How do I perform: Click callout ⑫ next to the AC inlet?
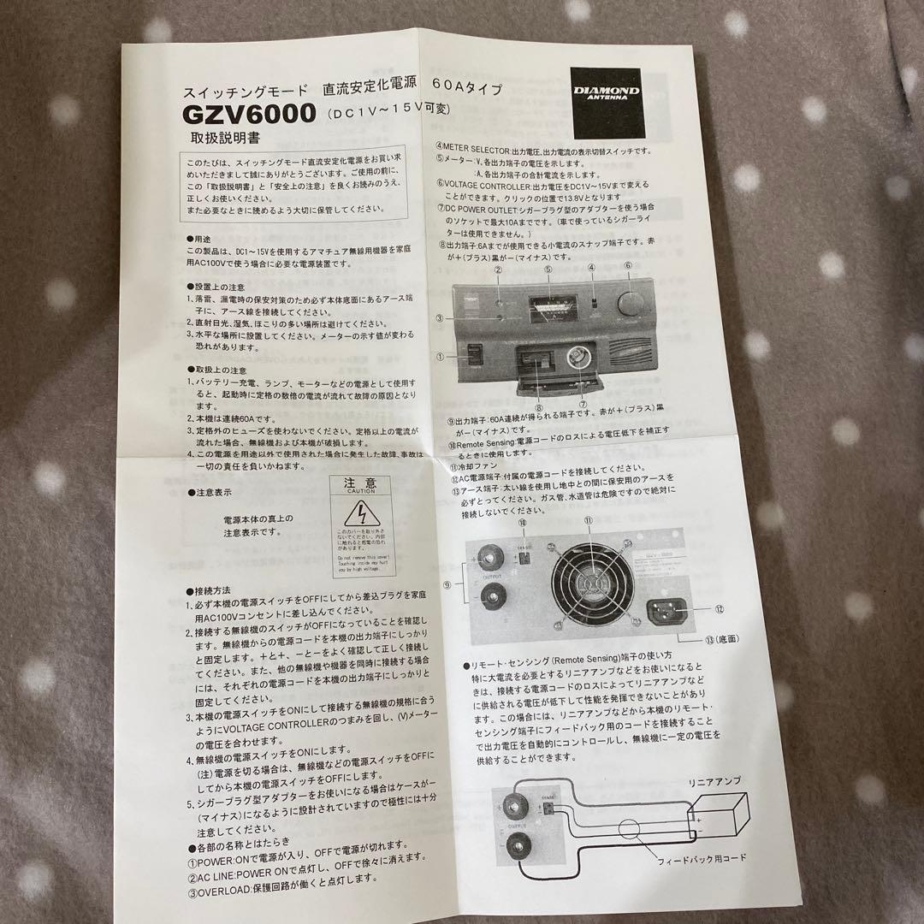(x=720, y=608)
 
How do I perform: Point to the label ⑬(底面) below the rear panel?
(x=720, y=638)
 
